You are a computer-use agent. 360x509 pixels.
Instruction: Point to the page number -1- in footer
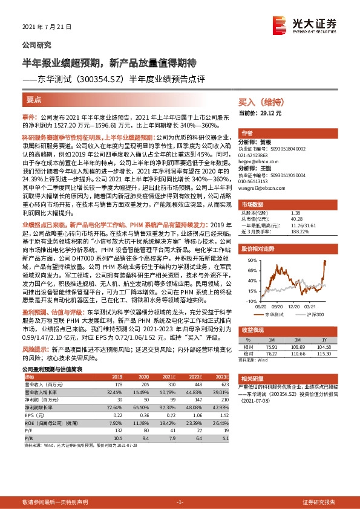pyautogui.click(x=180, y=502)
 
